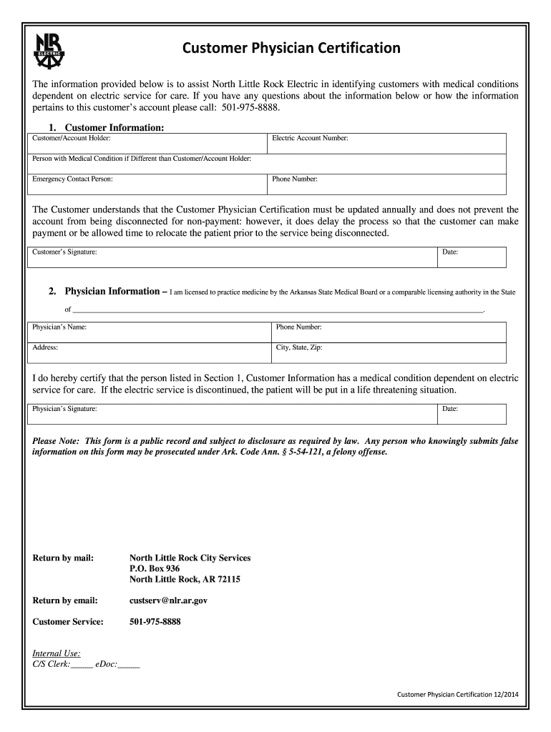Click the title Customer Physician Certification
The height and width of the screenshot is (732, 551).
(x=291, y=49)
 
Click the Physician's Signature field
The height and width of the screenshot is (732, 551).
(x=232, y=414)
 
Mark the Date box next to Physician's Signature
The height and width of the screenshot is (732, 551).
(x=472, y=414)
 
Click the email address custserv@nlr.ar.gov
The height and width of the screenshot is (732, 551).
(x=168, y=600)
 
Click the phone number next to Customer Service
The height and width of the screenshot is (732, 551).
(x=155, y=622)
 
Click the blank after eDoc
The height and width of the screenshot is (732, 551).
(x=129, y=664)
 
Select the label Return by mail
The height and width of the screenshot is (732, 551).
(x=63, y=558)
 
